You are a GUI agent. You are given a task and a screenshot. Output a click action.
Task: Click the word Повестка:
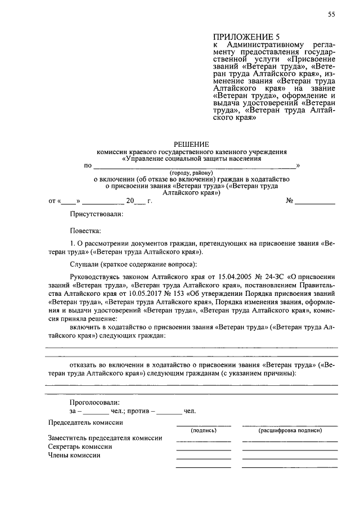[85, 231]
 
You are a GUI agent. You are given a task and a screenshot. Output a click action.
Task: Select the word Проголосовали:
[94, 402]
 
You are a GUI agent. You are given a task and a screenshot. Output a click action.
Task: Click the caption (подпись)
[204, 430]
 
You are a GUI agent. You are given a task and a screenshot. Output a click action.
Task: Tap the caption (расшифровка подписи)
[290, 430]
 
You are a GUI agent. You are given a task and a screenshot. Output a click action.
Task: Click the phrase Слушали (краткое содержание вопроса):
[133, 264]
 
